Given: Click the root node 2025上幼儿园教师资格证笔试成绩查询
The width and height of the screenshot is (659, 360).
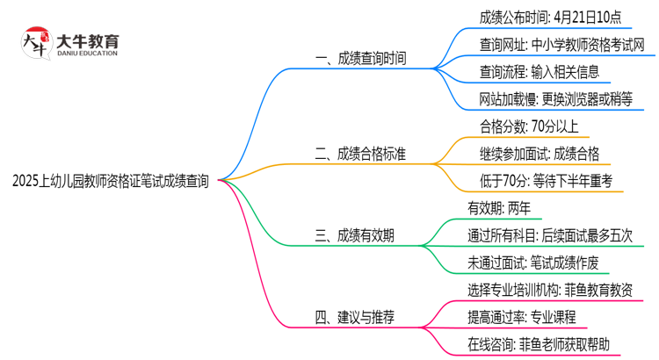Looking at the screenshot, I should click(x=111, y=181).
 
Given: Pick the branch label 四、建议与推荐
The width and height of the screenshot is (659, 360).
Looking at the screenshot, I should click(x=355, y=315).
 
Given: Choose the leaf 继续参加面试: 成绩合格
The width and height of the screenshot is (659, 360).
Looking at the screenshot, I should click(x=540, y=155).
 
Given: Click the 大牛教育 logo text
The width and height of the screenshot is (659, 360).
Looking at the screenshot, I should click(x=88, y=40).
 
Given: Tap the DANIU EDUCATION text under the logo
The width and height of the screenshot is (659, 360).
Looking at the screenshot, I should click(x=88, y=54).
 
